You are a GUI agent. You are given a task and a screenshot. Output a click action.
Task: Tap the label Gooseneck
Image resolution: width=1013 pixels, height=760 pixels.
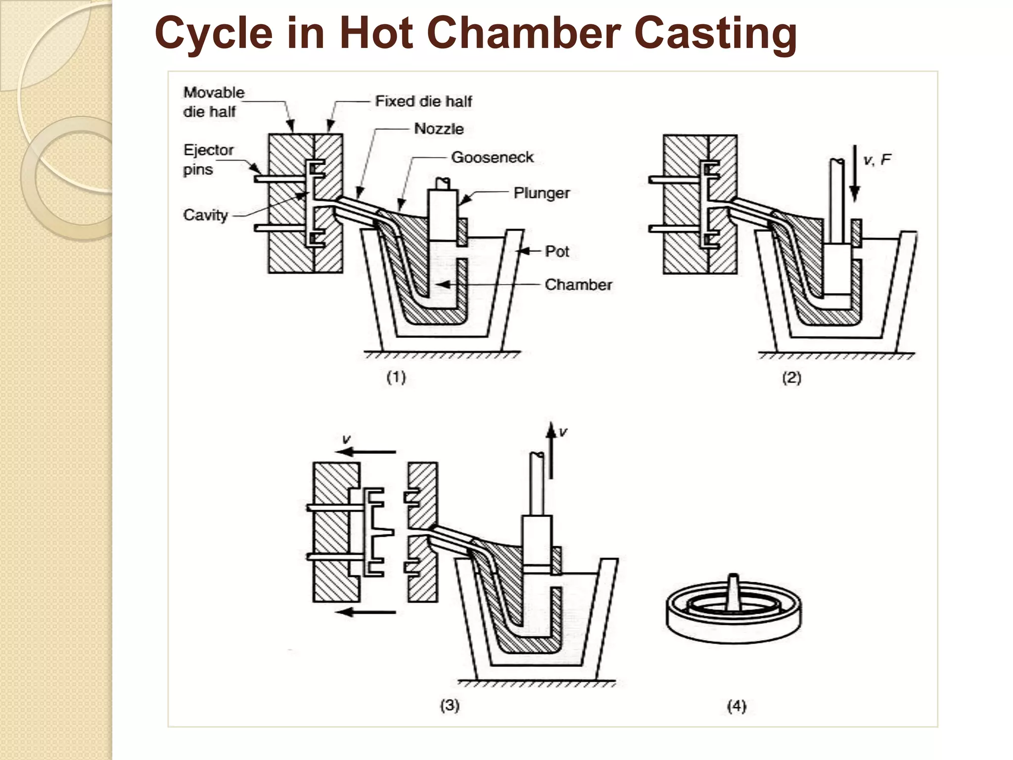pyautogui.click(x=492, y=157)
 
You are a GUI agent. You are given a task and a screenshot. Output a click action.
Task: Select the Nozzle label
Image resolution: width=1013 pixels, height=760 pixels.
pyautogui.click(x=439, y=129)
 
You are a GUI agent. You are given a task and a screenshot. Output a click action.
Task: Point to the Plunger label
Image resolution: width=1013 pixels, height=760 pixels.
pyautogui.click(x=542, y=193)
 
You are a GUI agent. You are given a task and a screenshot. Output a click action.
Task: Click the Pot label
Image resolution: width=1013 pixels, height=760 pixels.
pyautogui.click(x=557, y=251)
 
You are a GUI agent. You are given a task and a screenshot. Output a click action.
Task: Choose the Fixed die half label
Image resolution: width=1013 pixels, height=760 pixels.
pyautogui.click(x=423, y=101)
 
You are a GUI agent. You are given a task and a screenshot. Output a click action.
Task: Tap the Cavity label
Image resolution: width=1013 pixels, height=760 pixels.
pyautogui.click(x=205, y=215)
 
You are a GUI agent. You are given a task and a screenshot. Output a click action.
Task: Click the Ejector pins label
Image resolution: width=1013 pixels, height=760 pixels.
pyautogui.click(x=208, y=159)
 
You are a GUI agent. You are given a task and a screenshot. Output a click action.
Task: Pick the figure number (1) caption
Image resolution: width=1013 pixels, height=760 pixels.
pyautogui.click(x=396, y=378)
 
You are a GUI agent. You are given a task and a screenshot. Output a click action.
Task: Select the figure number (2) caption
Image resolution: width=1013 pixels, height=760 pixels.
pyautogui.click(x=791, y=378)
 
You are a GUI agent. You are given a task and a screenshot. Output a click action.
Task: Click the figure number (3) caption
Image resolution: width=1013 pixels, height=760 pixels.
pyautogui.click(x=450, y=705)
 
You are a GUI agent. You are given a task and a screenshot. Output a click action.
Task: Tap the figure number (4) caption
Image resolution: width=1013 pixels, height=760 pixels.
pyautogui.click(x=737, y=706)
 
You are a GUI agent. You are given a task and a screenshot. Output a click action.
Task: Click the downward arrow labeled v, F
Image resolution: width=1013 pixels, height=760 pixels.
pyautogui.click(x=855, y=173)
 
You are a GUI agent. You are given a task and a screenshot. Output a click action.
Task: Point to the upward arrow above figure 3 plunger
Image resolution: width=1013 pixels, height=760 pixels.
pyautogui.click(x=551, y=450)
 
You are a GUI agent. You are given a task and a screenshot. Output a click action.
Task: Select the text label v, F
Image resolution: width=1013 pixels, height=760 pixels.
pyautogui.click(x=876, y=160)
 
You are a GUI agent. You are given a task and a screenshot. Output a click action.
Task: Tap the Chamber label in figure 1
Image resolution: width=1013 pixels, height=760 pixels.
pyautogui.click(x=578, y=285)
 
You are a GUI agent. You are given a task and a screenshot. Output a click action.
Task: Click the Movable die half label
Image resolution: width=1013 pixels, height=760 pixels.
pyautogui.click(x=213, y=102)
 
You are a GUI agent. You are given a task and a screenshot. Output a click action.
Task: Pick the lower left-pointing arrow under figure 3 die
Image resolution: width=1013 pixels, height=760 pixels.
pyautogui.click(x=366, y=613)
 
